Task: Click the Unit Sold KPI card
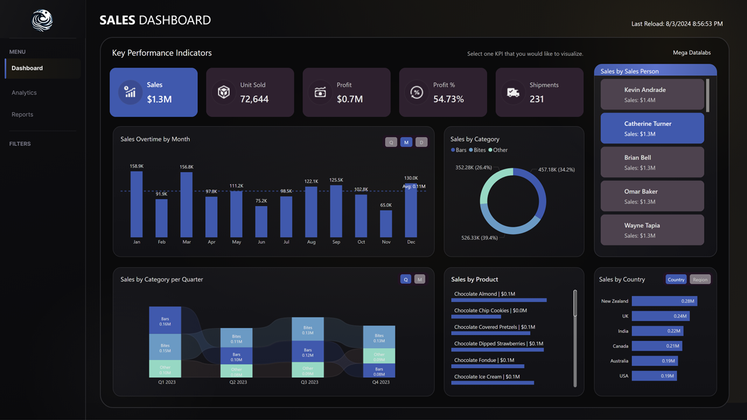point(250,92)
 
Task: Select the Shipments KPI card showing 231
point(539,92)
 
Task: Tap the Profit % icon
point(416,92)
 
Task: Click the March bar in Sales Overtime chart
point(186,204)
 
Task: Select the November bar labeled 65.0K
point(386,223)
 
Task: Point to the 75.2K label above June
point(261,201)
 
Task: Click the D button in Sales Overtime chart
point(421,142)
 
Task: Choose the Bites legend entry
point(477,150)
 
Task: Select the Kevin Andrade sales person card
point(652,94)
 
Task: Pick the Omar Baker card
point(652,196)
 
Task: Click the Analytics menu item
point(24,93)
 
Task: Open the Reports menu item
point(22,114)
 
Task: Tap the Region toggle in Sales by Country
point(700,279)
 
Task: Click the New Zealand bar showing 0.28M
point(664,301)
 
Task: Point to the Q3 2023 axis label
point(309,382)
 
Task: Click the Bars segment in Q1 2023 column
point(165,320)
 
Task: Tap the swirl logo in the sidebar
point(42,20)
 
